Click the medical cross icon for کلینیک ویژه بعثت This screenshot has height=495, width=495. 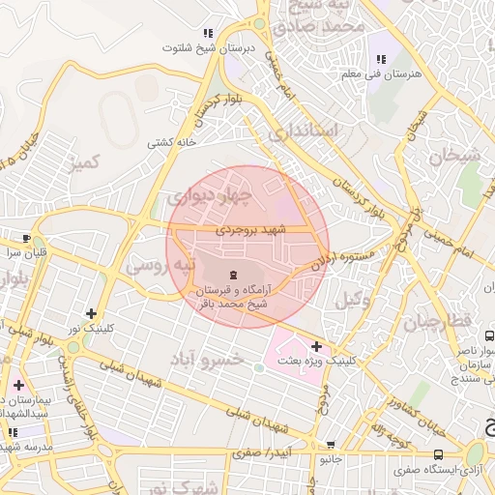coord(316,345)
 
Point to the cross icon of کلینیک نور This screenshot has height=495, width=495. coord(91,313)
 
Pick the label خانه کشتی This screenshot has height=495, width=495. coord(171,142)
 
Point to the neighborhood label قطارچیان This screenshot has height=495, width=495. coord(445,320)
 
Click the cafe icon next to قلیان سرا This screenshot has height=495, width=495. coord(26,238)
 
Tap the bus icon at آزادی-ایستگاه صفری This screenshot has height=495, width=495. coord(439,453)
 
